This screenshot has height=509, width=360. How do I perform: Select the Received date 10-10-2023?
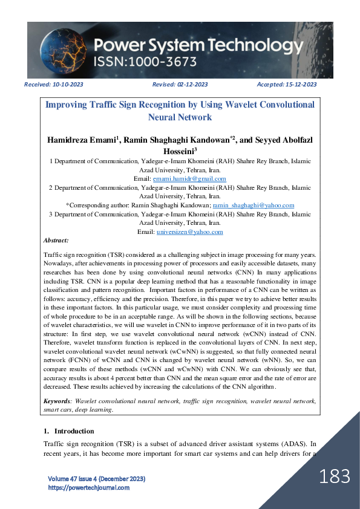click(x=68, y=85)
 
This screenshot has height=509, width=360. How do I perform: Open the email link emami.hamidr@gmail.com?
click(x=190, y=179)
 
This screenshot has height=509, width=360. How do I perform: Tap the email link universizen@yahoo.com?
click(x=189, y=232)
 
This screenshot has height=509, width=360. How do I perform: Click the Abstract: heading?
click(x=56, y=241)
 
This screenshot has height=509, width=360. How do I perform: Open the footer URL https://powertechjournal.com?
click(x=88, y=487)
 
